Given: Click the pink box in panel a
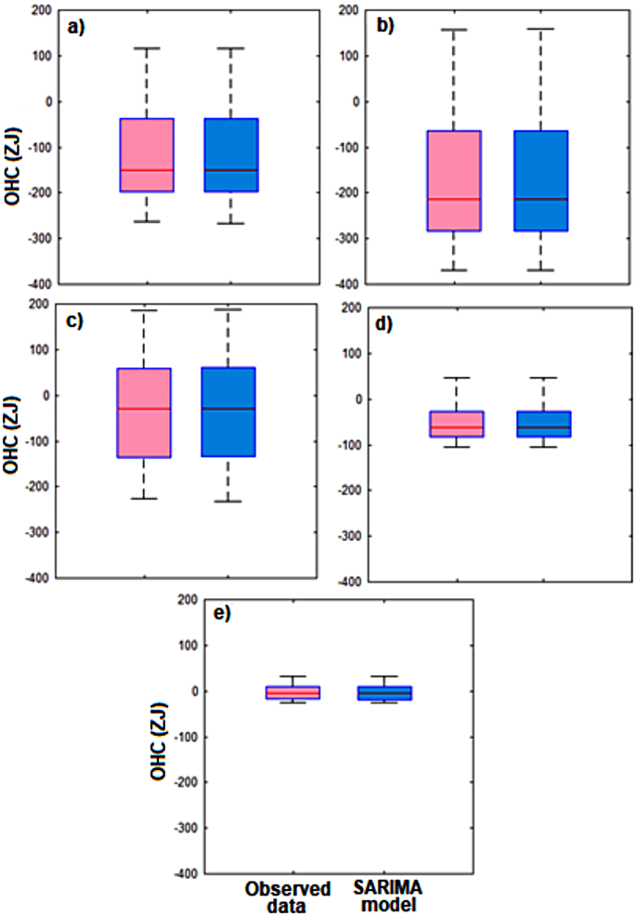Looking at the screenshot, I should tap(146, 155).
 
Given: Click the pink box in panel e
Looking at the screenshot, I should tap(279, 692).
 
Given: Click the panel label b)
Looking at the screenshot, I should tap(383, 25).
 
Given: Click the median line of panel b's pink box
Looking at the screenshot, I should tap(454, 199).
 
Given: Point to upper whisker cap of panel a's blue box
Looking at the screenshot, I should tap(231, 47).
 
